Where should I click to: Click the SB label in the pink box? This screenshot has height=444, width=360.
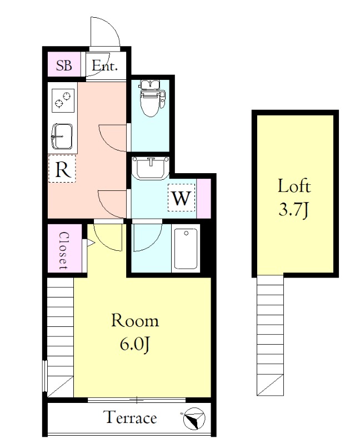(x=64, y=65)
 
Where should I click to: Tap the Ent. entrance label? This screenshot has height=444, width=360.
(x=104, y=65)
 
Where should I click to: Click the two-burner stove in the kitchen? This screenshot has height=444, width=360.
(x=63, y=100)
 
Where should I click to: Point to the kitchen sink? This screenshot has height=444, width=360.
(x=62, y=137)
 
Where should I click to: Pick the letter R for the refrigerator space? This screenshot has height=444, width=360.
(x=62, y=169)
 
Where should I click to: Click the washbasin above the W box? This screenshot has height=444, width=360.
(x=151, y=169)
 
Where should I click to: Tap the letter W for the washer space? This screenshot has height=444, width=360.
(x=182, y=198)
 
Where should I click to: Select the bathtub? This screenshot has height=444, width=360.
(x=186, y=249)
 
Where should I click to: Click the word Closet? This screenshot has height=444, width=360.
(x=63, y=251)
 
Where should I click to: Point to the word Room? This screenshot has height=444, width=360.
(x=134, y=321)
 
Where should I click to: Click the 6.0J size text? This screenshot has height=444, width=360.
(x=134, y=344)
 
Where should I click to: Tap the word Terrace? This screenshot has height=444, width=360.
(x=131, y=418)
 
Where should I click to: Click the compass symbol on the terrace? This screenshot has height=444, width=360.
(x=194, y=418)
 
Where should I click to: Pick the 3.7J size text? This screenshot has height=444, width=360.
(x=294, y=210)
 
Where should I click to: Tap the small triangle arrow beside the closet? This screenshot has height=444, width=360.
(x=91, y=243)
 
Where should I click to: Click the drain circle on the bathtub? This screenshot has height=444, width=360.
(x=186, y=233)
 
